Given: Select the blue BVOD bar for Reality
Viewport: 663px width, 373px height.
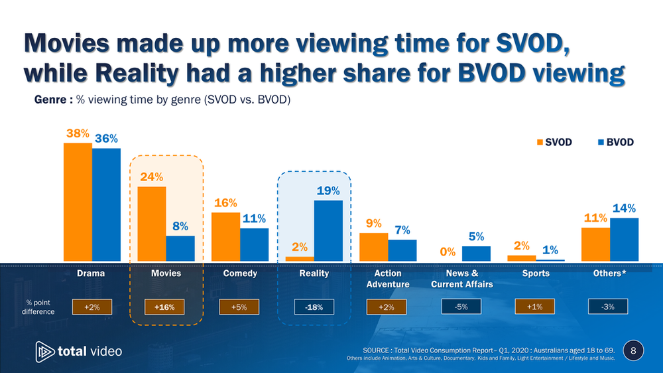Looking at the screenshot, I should pyautogui.click(x=328, y=230).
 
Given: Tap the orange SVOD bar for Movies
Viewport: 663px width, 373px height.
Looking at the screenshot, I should pyautogui.click(x=152, y=224).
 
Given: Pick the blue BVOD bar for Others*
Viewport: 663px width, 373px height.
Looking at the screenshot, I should pyautogui.click(x=624, y=239).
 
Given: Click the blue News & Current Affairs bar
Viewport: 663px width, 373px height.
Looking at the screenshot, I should pyautogui.click(x=476, y=254).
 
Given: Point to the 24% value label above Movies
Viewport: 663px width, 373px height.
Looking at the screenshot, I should pyautogui.click(x=151, y=177).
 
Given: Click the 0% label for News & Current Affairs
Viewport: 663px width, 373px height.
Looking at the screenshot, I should pyautogui.click(x=448, y=252).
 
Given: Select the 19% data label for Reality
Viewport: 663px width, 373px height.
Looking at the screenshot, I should pyautogui.click(x=328, y=190).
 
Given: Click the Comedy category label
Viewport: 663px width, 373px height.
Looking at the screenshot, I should pyautogui.click(x=240, y=273).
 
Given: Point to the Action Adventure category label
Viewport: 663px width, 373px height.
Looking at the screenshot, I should pyautogui.click(x=388, y=279).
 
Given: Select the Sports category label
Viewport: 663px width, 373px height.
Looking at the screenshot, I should pyautogui.click(x=536, y=273).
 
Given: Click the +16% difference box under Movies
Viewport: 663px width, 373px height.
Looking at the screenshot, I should pyautogui.click(x=166, y=306).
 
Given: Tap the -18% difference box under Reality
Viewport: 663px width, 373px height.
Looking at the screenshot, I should pyautogui.click(x=314, y=306).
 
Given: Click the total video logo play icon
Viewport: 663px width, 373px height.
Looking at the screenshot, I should pyautogui.click(x=45, y=351).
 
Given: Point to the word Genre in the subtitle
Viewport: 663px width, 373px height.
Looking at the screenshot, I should pyautogui.click(x=50, y=100).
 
